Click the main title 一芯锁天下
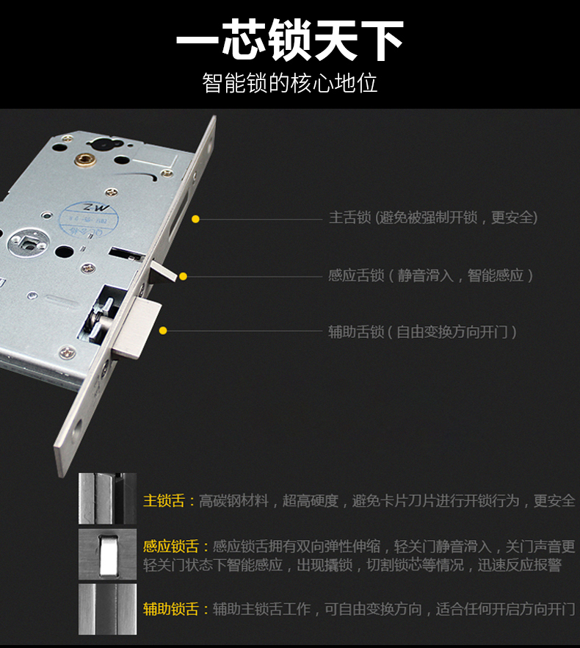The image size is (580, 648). tap(289, 40)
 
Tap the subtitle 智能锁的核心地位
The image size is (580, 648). tap(289, 82)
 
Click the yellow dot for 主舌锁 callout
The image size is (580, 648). tap(195, 219)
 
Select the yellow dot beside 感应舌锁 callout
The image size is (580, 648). tap(183, 276)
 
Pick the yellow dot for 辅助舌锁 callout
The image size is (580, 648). tap(163, 331)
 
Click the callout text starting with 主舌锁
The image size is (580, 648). tap(433, 217)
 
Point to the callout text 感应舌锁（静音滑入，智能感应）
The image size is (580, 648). tap(430, 276)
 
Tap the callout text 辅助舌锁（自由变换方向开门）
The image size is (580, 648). tap(422, 331)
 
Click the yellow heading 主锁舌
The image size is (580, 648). tap(164, 500)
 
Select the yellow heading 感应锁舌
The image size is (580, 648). tap(170, 547)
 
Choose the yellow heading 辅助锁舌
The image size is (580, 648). tap(170, 609)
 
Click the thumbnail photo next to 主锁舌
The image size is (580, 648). tap(107, 499)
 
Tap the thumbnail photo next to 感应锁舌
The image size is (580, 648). tap(107, 554)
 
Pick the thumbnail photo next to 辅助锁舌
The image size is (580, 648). tap(107, 609)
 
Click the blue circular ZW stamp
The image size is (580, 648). tap(88, 220)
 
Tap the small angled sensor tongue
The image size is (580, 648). tap(162, 271)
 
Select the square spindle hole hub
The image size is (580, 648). tap(29, 243)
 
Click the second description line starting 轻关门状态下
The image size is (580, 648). tap(352, 565)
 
